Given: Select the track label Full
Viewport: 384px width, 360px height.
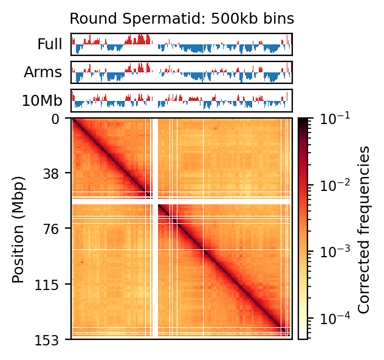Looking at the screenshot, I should coord(50,44).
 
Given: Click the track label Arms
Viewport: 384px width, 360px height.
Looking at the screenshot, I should coord(43,72).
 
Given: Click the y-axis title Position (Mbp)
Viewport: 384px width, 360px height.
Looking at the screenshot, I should coord(19,229).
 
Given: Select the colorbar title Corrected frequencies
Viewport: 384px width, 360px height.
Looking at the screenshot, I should coord(364,229).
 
